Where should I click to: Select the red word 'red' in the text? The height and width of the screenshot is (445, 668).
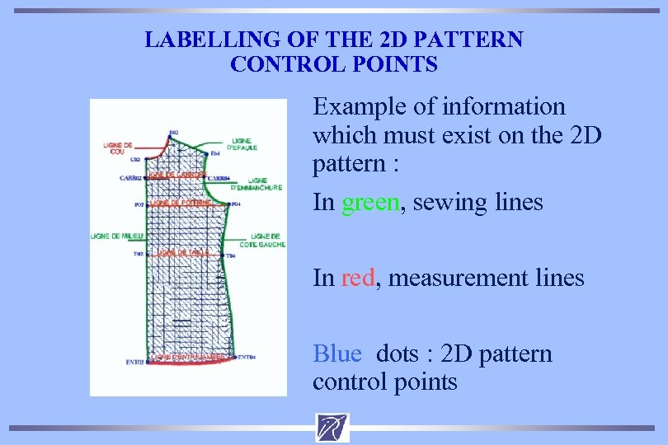click(356, 279)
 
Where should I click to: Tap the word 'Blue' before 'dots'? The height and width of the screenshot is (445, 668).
click(336, 354)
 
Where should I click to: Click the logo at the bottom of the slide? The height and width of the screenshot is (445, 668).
click(332, 428)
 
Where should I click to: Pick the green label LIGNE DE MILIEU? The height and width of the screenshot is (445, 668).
click(116, 237)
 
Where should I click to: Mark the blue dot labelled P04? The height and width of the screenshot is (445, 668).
click(228, 204)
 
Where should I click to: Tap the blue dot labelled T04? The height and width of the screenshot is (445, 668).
click(223, 255)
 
